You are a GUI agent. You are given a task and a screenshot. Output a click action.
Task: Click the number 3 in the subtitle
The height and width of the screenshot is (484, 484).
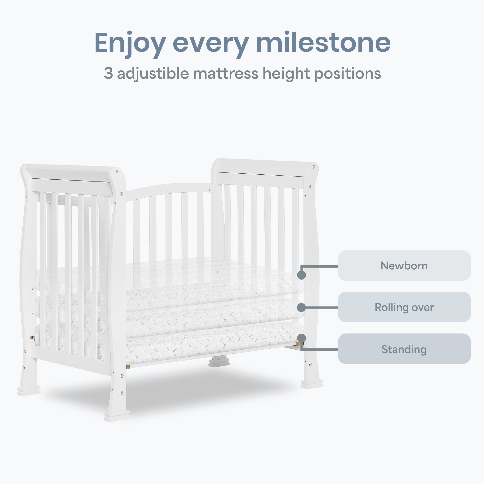108,73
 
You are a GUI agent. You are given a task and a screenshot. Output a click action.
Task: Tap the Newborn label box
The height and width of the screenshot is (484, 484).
404,266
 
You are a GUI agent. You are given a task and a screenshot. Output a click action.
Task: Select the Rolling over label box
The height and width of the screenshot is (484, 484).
404,307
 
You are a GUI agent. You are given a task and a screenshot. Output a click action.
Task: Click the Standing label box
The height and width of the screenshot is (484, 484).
404,349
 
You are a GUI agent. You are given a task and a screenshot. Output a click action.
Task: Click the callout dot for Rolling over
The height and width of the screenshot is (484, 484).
302,307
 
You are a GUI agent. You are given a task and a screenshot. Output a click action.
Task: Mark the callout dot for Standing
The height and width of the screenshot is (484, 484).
302,338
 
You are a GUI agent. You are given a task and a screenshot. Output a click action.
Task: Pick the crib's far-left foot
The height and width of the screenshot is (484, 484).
29,391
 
